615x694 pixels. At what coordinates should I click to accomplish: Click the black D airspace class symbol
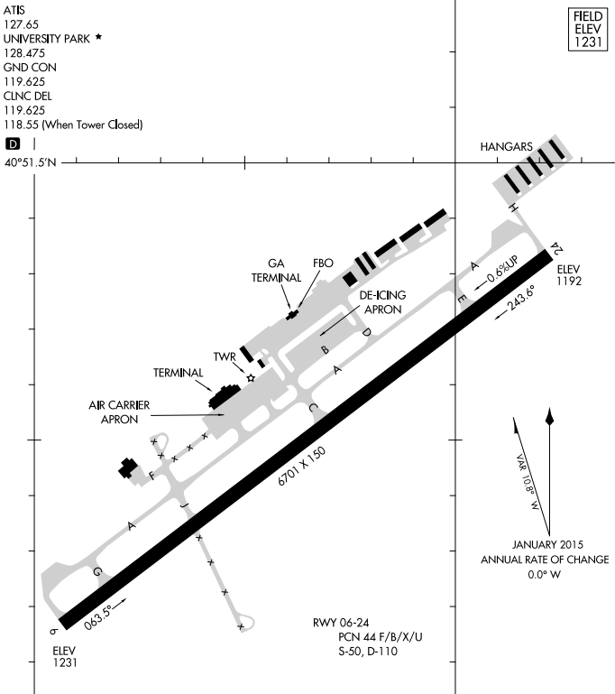pos(13,143)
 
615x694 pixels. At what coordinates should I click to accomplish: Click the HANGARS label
pos(507,145)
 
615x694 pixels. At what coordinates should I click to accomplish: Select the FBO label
pos(323,263)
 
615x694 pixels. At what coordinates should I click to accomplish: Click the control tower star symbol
pos(252,377)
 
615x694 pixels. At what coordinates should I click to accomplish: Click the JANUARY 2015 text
pos(548,545)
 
